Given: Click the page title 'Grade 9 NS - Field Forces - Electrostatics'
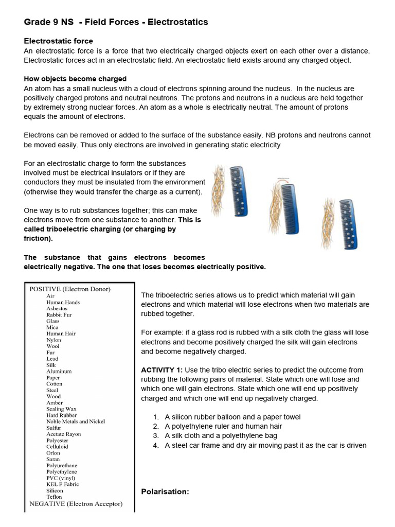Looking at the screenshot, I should tap(116, 22).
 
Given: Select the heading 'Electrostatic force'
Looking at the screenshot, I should tap(59, 41).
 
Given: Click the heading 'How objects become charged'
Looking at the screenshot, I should tap(75, 79).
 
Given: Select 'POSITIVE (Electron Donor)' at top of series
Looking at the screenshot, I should tap(70, 289).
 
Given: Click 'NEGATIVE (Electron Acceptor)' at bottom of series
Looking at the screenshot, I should tap(76, 504).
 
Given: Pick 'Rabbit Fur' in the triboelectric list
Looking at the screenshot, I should tap(59, 315).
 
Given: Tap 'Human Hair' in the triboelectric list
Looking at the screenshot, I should tap(61, 333).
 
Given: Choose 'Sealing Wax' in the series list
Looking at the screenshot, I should tap(61, 409).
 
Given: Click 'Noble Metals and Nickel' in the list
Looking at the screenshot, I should tap(75, 421).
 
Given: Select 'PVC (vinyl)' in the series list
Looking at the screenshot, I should tap(60, 478).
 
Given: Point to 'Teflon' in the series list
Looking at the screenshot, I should tap(54, 497).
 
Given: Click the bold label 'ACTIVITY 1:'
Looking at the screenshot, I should tap(161, 370).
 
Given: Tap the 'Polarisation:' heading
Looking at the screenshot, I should tap(165, 492).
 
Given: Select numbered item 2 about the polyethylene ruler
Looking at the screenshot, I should tap(223, 426).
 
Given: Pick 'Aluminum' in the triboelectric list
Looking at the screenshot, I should tap(59, 371).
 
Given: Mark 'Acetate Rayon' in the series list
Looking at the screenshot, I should tap(63, 434).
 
